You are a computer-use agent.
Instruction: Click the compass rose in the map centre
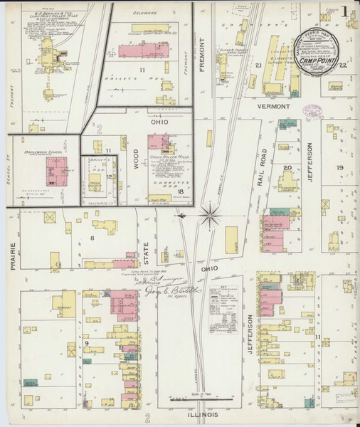click(210, 214)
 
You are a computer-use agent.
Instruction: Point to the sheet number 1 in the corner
click(344, 12)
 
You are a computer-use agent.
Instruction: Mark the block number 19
click(339, 168)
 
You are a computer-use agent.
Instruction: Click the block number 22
click(343, 65)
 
